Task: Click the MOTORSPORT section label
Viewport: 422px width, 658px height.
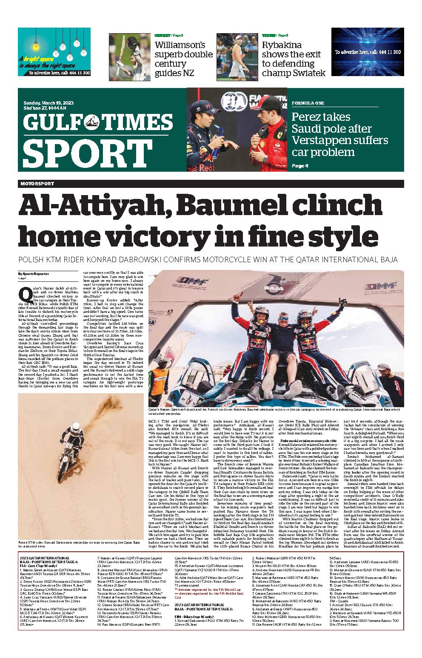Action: click(37, 184)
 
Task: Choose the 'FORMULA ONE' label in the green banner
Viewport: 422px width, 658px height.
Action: click(308, 103)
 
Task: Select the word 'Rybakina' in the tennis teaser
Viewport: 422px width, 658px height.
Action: click(282, 45)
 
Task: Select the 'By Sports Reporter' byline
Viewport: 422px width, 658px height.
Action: click(33, 274)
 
